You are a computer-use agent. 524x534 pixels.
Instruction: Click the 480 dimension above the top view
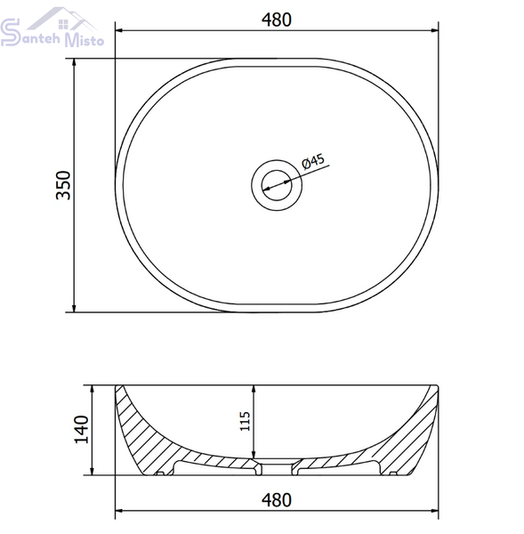tap(276, 20)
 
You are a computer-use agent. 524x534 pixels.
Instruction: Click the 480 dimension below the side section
tap(276, 500)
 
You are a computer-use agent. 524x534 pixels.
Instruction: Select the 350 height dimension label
tap(63, 185)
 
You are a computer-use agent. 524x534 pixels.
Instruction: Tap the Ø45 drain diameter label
tap(313, 161)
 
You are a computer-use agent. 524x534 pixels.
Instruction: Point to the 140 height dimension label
tap(82, 429)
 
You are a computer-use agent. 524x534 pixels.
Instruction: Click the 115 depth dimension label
tap(245, 421)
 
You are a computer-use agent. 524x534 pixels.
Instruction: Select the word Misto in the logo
tap(85, 39)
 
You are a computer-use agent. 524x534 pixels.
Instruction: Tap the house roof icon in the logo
tap(62, 19)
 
